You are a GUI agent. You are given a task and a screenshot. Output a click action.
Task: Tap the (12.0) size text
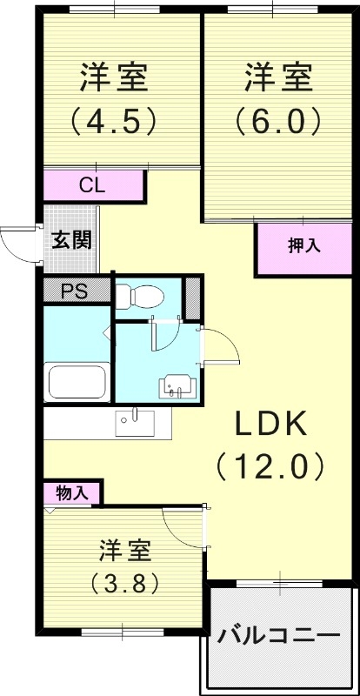(270, 467)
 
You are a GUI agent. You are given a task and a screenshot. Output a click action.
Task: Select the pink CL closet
(94, 185)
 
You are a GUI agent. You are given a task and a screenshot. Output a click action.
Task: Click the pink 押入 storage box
(304, 247)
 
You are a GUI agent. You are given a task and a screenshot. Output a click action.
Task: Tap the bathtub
(77, 382)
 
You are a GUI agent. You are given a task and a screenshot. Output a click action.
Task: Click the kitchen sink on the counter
(135, 423)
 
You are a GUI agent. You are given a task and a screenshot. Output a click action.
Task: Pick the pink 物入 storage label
(72, 492)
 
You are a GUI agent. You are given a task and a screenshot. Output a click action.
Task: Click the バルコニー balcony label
(279, 635)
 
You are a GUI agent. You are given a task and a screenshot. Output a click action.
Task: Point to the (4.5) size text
(114, 120)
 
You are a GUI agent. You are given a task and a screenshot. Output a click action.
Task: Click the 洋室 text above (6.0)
(278, 78)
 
